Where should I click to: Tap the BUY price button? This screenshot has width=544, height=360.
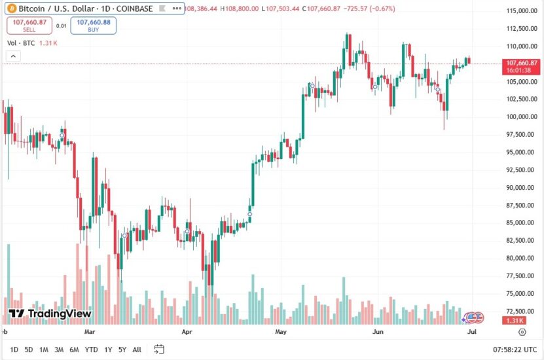coord(94,26)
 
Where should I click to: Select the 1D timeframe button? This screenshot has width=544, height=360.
coord(14,350)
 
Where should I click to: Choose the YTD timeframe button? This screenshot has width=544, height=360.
coord(91,350)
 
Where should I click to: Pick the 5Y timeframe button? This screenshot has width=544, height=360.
coord(122,350)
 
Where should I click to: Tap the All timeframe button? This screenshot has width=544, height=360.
coord(137,350)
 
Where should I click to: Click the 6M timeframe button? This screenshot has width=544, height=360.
coord(74,350)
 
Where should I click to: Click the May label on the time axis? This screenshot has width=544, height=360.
coord(281,333)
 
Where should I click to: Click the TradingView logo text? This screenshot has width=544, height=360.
coord(51,314)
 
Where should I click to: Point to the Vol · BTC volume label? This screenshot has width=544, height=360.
coord(21,43)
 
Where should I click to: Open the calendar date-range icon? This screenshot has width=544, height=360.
coord(159,350)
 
